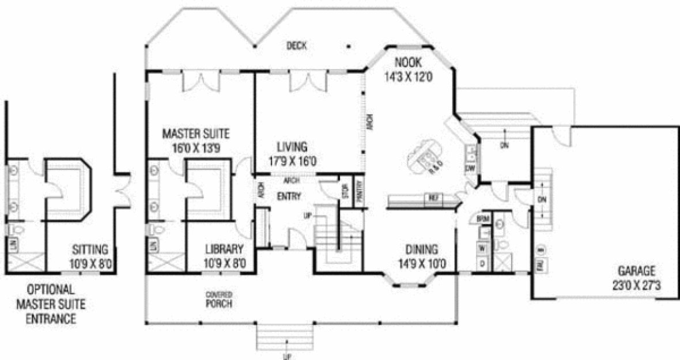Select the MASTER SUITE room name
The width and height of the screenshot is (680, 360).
[195, 134]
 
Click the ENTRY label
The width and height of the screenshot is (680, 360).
[289, 196]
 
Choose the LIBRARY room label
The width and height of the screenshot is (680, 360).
[225, 249]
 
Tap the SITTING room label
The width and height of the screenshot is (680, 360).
[90, 249]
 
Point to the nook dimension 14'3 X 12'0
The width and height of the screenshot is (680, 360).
[409, 75]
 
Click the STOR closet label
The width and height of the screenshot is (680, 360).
[345, 192]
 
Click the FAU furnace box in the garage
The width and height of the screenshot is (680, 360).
[542, 266]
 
